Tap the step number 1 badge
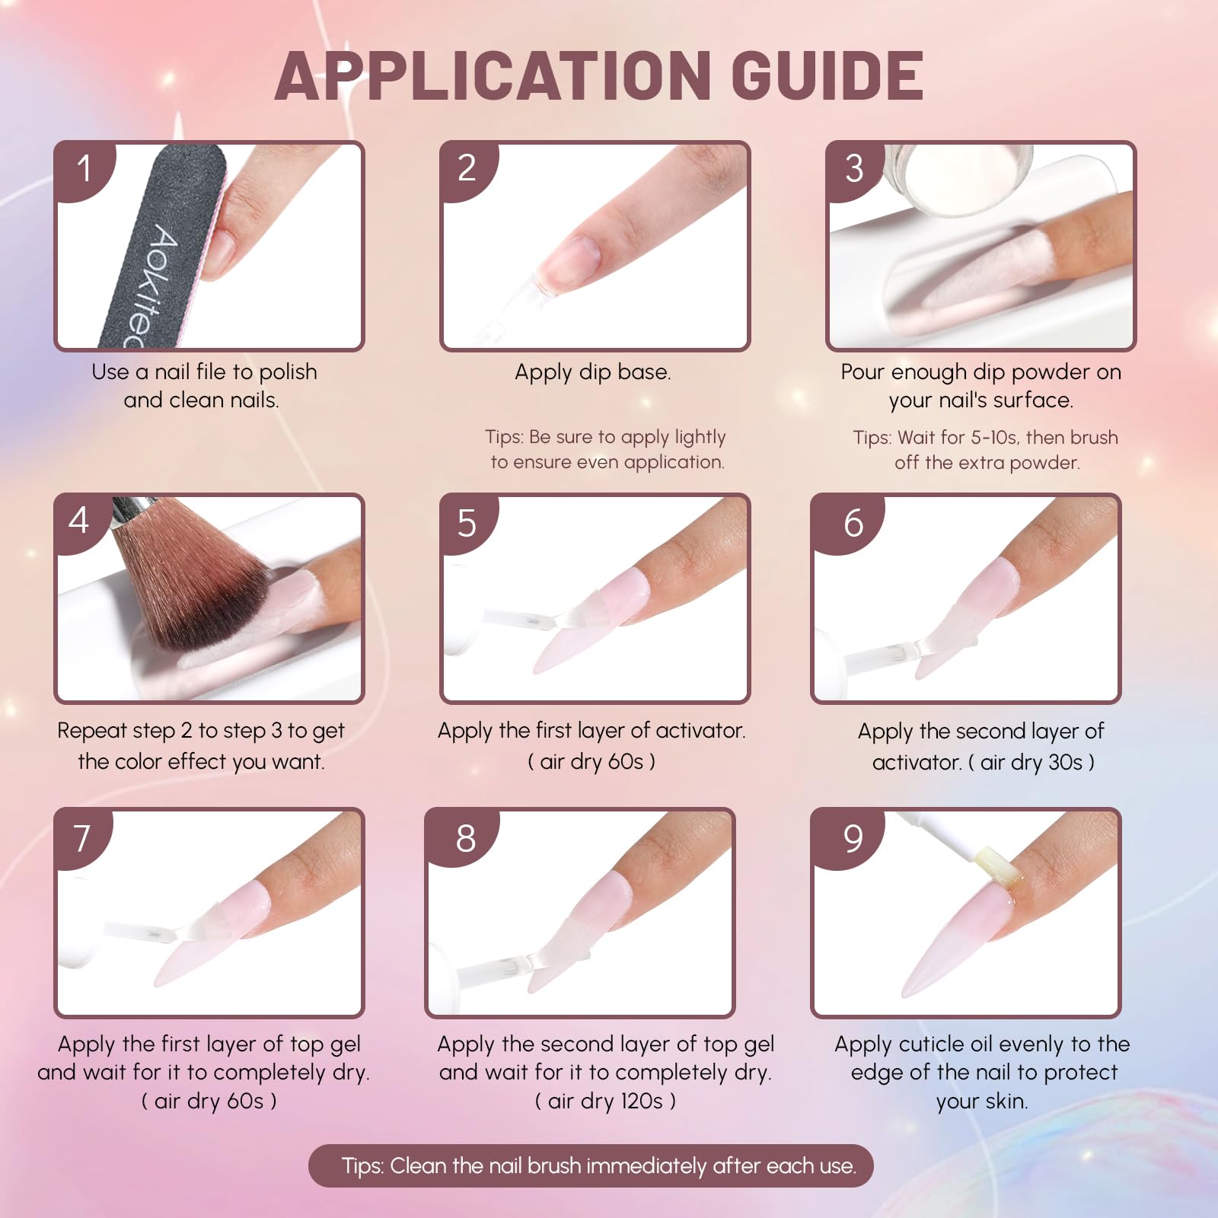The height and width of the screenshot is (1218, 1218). coord(84,169)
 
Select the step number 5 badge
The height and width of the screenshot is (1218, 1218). coord(467,524)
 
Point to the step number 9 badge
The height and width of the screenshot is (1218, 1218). coord(853,838)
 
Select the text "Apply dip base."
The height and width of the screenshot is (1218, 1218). coord(593,372)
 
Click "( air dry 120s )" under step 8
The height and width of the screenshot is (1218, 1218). coord(605,1101)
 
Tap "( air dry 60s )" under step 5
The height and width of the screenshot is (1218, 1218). coord(591,761)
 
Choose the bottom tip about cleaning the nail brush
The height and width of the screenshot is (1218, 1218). coord(591,1165)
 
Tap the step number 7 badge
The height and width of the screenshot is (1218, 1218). coord(82,838)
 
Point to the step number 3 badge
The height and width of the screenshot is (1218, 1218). coord(854,169)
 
